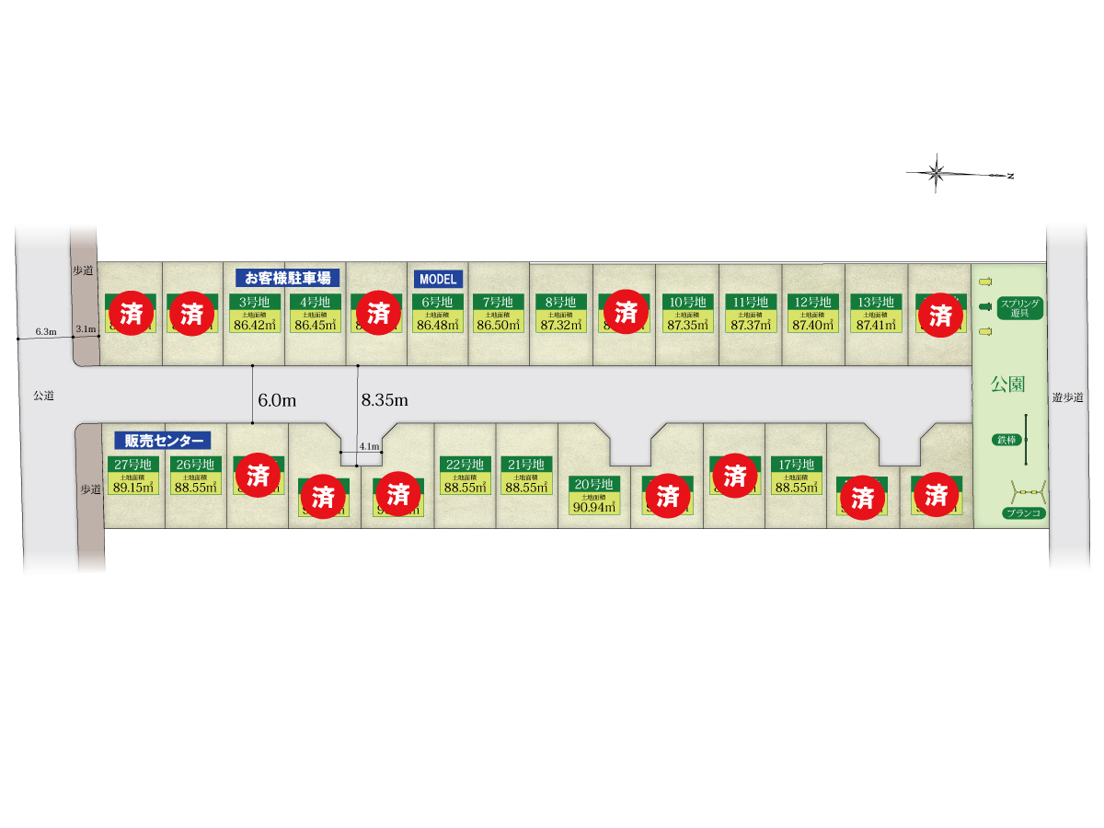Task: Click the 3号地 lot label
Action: tap(255, 302)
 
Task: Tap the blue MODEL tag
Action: tap(437, 278)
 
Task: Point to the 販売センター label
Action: tap(163, 440)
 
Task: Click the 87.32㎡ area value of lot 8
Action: tap(560, 324)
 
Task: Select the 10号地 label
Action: tap(687, 302)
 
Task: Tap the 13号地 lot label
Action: tap(876, 302)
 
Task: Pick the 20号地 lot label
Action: tap(593, 484)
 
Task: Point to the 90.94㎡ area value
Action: tap(593, 506)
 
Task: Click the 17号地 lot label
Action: tap(797, 465)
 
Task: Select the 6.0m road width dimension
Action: tap(276, 400)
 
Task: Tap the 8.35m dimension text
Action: tap(385, 400)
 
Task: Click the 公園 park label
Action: tap(1007, 384)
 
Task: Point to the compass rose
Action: tap(937, 172)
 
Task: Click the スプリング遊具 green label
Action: tap(1019, 306)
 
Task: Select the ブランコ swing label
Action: tap(1023, 513)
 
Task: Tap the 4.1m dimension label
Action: tap(369, 446)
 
